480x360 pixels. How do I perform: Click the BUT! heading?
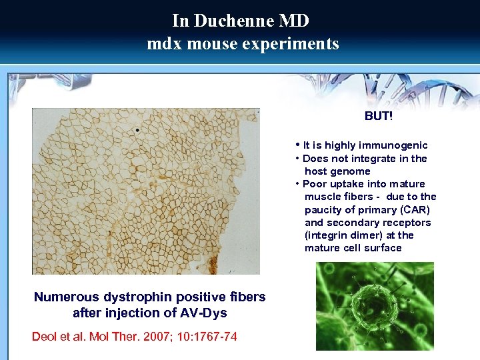pos(378,116)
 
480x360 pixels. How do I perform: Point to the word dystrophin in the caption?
pos(133,297)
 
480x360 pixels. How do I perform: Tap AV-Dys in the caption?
pos(205,313)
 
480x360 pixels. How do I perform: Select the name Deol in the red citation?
pos(44,337)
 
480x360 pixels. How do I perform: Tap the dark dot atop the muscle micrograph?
pos(137,130)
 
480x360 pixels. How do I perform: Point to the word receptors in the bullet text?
pos(409,223)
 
